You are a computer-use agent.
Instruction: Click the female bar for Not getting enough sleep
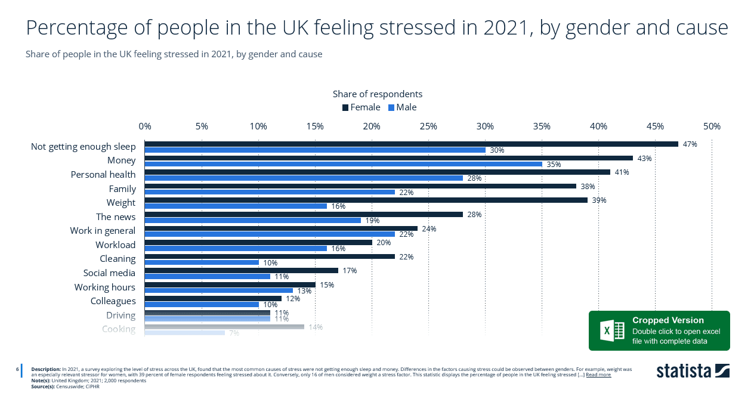tap(411, 144)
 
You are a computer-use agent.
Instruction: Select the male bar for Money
tap(343, 164)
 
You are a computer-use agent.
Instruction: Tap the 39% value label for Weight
tap(599, 200)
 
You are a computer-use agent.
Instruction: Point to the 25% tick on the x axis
tap(428, 126)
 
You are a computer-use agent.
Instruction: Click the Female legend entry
tap(361, 107)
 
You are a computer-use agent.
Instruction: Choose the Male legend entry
tap(403, 107)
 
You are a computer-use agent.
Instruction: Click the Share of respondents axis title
tap(377, 94)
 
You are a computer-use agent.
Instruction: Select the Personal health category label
tap(103, 175)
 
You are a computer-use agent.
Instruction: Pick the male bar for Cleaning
tap(201, 262)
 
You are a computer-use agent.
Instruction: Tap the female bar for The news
tap(303, 214)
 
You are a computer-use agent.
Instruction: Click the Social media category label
tap(109, 273)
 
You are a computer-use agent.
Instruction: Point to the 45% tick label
tap(655, 126)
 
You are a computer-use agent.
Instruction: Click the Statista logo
tap(693, 370)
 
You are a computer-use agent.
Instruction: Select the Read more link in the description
tap(598, 375)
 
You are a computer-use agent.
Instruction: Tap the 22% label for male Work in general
tap(406, 234)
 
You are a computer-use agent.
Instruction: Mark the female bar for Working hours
tap(230, 284)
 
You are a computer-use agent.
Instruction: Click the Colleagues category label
tap(113, 301)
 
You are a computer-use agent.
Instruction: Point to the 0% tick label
tap(144, 126)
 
